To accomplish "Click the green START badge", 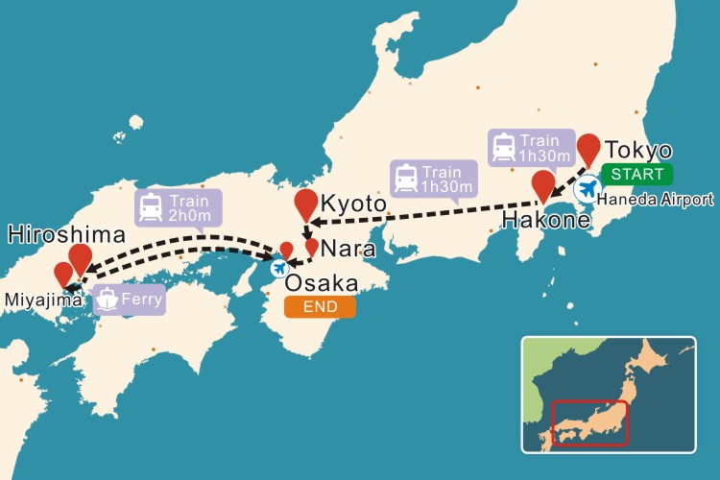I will point(637,175).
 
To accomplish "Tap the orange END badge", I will point(320,307).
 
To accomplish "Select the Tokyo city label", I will point(639,151).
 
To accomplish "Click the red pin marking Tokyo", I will point(588,149).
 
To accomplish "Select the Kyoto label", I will point(353,204).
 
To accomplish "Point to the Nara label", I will point(342,249).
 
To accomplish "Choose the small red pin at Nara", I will point(311,247).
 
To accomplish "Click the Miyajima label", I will point(32,300).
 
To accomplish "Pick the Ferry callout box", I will point(129,299).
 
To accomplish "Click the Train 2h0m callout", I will point(179,208).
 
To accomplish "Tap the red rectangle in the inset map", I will point(588,422).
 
